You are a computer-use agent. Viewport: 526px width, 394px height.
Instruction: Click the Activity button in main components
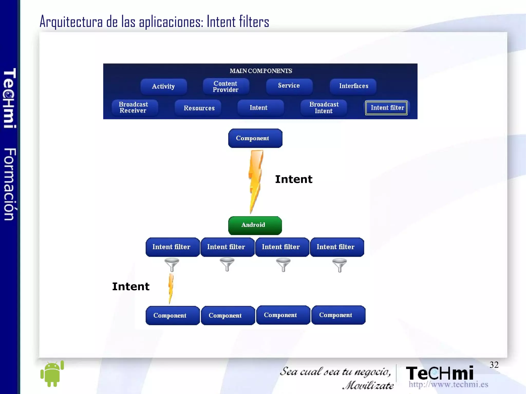[163, 87]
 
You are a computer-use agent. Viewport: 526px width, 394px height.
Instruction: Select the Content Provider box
[226, 87]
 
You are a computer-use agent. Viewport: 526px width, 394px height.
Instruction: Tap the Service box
[289, 86]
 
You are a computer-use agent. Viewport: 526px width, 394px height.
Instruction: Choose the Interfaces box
[353, 86]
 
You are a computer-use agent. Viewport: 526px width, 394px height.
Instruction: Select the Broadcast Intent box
[324, 108]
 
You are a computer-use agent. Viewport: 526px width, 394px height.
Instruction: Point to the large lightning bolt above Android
[256, 180]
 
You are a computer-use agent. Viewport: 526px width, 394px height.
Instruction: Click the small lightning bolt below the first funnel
[171, 288]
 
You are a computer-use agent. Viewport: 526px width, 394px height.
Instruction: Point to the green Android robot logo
[52, 374]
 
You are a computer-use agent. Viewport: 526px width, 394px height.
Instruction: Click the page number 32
[494, 365]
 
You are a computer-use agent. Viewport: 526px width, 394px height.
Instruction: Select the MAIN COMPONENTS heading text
[261, 71]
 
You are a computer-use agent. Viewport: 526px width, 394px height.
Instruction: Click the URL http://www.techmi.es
[448, 384]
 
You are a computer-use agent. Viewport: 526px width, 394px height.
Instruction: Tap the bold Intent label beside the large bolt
[294, 179]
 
